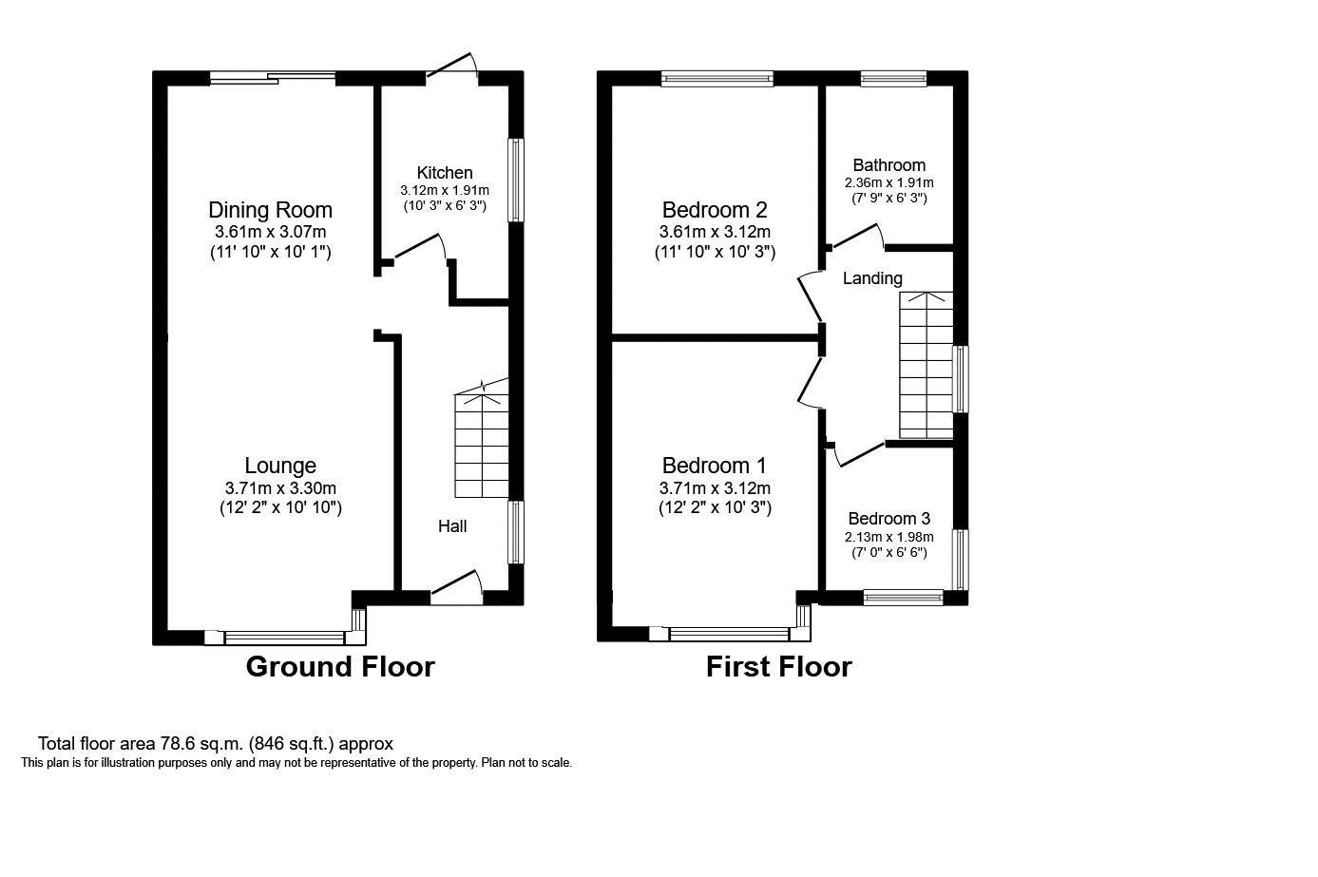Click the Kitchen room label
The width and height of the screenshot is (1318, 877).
tap(445, 172)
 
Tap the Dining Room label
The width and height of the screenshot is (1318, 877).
tap(271, 210)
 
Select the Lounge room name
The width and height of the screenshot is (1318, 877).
tap(280, 466)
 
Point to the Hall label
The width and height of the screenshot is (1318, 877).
tap(452, 525)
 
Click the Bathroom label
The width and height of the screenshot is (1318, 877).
tap(889, 165)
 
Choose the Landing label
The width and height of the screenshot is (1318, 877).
tap(872, 278)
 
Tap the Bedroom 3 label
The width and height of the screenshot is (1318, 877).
tap(889, 518)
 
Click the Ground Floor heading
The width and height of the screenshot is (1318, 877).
tap(340, 667)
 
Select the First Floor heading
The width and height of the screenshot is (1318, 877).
tap(778, 667)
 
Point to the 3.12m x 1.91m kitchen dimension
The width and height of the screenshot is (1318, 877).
tap(445, 190)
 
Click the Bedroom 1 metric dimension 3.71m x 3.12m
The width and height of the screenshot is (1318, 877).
tap(715, 488)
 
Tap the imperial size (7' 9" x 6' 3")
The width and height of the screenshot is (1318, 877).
tap(889, 199)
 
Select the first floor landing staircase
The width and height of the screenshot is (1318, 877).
tap(926, 365)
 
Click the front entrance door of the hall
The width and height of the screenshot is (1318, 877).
tap(457, 585)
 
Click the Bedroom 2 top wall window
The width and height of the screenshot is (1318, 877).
tap(717, 78)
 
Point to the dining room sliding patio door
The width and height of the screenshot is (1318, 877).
tap(273, 78)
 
